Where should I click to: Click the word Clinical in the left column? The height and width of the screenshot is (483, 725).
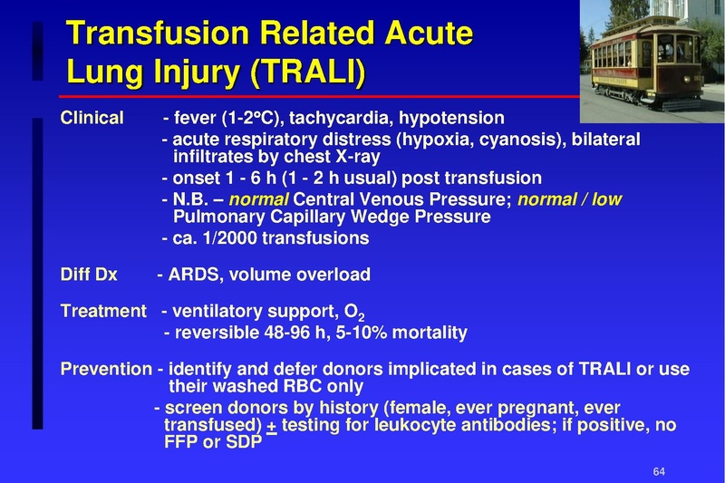92,119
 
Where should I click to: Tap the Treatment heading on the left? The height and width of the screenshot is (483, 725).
102,312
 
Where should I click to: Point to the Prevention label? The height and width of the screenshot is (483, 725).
105,370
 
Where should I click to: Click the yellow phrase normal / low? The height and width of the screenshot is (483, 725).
569,199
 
